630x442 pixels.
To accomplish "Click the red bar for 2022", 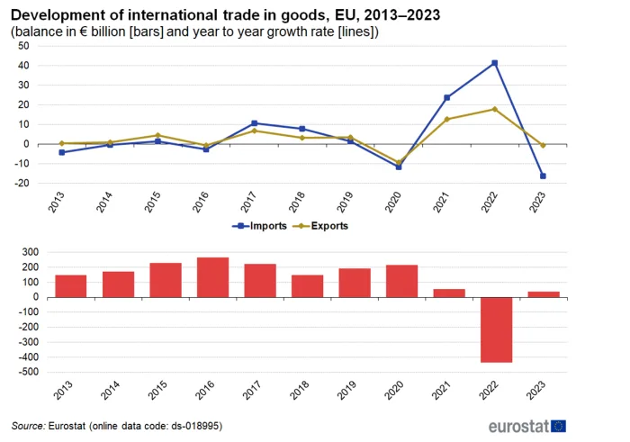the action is pos(497,329).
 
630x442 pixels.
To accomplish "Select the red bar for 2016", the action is pos(213,277).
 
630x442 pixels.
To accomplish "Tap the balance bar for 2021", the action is pos(449,293).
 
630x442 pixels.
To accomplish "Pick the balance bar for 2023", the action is pos(544,294).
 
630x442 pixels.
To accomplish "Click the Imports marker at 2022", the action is pos(495,63).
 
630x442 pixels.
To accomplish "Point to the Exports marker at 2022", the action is pos(495,109).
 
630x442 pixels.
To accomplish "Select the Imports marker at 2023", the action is pos(543,176).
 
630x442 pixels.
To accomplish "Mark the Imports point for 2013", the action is pos(62,152).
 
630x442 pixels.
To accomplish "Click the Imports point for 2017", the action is pos(255,123).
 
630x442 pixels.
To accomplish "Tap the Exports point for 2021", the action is pos(446,119).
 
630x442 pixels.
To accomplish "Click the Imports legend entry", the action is pos(259,226).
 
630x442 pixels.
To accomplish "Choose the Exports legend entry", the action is pos(320,226).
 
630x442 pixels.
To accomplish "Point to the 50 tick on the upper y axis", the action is pos(23,46).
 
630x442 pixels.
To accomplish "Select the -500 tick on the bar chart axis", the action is pos(29,372).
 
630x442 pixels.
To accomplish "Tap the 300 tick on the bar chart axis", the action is pos(31,252).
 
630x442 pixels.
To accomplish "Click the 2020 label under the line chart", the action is pos(393,202).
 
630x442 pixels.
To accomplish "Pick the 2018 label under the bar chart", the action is pos(300,390).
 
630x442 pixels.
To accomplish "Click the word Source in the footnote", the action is pos(28,426).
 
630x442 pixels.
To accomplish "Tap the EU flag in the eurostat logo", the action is pos(559,426).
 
